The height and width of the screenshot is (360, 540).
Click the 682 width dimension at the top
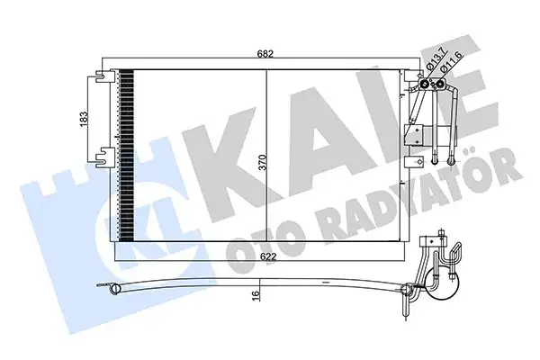(265, 54)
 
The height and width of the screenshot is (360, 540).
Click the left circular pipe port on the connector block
(427, 83)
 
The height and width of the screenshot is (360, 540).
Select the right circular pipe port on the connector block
(440, 85)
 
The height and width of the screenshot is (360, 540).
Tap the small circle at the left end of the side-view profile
(113, 289)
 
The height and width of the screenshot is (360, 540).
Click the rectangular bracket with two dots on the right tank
(416, 137)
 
